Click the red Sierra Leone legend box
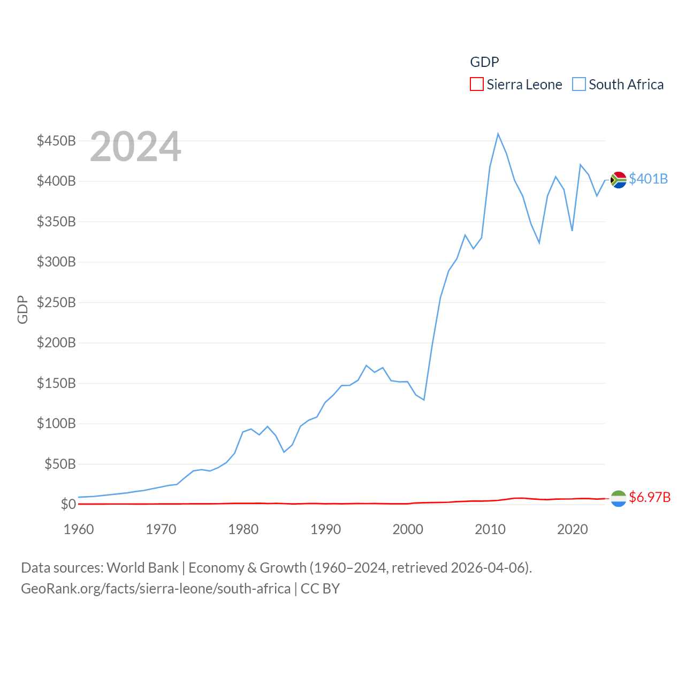[476, 85]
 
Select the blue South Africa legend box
[579, 85]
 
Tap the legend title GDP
[484, 62]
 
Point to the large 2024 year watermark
[135, 147]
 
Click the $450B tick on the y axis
[56, 141]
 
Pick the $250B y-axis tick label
[56, 302]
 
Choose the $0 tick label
[68, 504]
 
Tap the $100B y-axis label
[56, 423]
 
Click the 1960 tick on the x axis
[79, 529]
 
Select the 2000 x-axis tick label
[408, 529]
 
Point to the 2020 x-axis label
[573, 529]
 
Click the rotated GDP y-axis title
[22, 309]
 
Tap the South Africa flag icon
[619, 180]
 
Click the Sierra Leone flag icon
[619, 498]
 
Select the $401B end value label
[648, 179]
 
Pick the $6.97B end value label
[650, 497]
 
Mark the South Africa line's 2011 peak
[498, 134]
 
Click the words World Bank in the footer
[142, 567]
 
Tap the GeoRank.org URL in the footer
[156, 589]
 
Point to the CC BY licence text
[320, 589]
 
